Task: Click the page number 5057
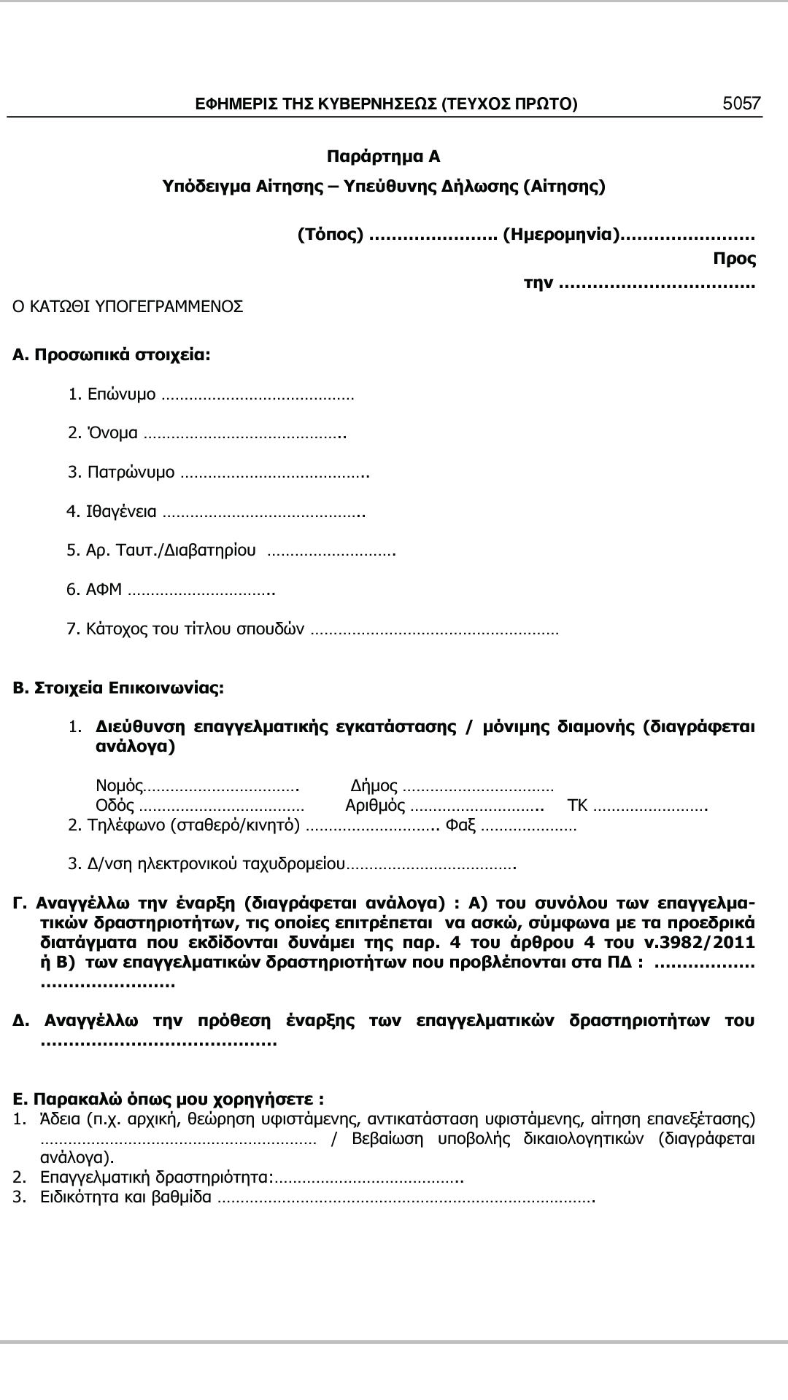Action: click(x=741, y=104)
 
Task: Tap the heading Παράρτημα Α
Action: click(x=383, y=157)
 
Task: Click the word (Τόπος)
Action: click(x=331, y=235)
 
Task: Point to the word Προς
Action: click(x=734, y=259)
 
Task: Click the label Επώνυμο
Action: click(x=121, y=394)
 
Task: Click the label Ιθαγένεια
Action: click(x=121, y=511)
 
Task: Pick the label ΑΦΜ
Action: click(x=104, y=589)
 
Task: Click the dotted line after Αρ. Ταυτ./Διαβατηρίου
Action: click(x=331, y=551)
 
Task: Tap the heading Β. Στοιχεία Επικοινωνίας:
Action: click(x=119, y=688)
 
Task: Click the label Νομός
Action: click(x=119, y=786)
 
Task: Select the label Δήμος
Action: click(x=374, y=786)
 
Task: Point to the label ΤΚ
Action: click(x=577, y=806)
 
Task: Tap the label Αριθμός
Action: click(x=375, y=806)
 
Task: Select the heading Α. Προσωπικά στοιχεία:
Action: click(x=112, y=355)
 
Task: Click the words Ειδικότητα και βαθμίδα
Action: click(x=126, y=1197)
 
